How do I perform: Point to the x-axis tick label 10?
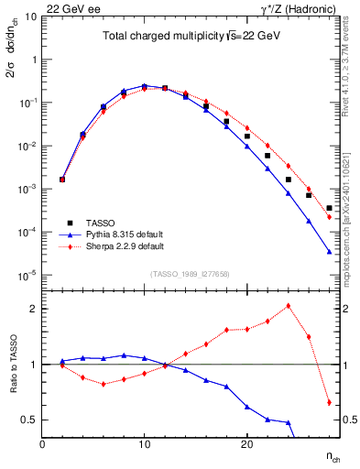tap(144, 443)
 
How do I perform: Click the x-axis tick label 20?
tap(246, 443)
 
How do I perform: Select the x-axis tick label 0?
tap(42, 443)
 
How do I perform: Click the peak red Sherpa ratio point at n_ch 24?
tap(289, 306)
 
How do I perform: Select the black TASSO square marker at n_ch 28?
tap(329, 208)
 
